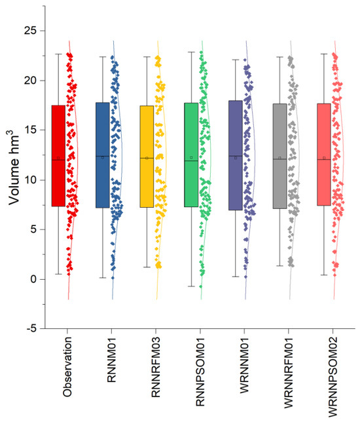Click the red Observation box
tap(58, 156)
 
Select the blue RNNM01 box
tap(103, 155)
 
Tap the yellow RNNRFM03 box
tap(147, 157)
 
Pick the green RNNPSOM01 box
tap(191, 155)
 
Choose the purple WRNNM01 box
tap(236, 155)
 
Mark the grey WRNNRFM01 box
tap(280, 156)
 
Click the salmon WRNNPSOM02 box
tap(324, 155)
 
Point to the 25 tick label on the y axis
tap(30, 30)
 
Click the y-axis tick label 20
tap(30, 80)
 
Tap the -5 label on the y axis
tap(31, 328)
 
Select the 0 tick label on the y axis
tap(33, 279)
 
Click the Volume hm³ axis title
tap(14, 167)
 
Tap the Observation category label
tap(67, 367)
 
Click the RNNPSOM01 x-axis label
tap(200, 372)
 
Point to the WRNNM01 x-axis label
tap(244, 365)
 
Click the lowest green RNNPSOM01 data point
tap(200, 286)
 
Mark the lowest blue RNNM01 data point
tap(113, 278)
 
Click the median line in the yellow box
tap(147, 158)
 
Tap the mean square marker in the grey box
tap(280, 158)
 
